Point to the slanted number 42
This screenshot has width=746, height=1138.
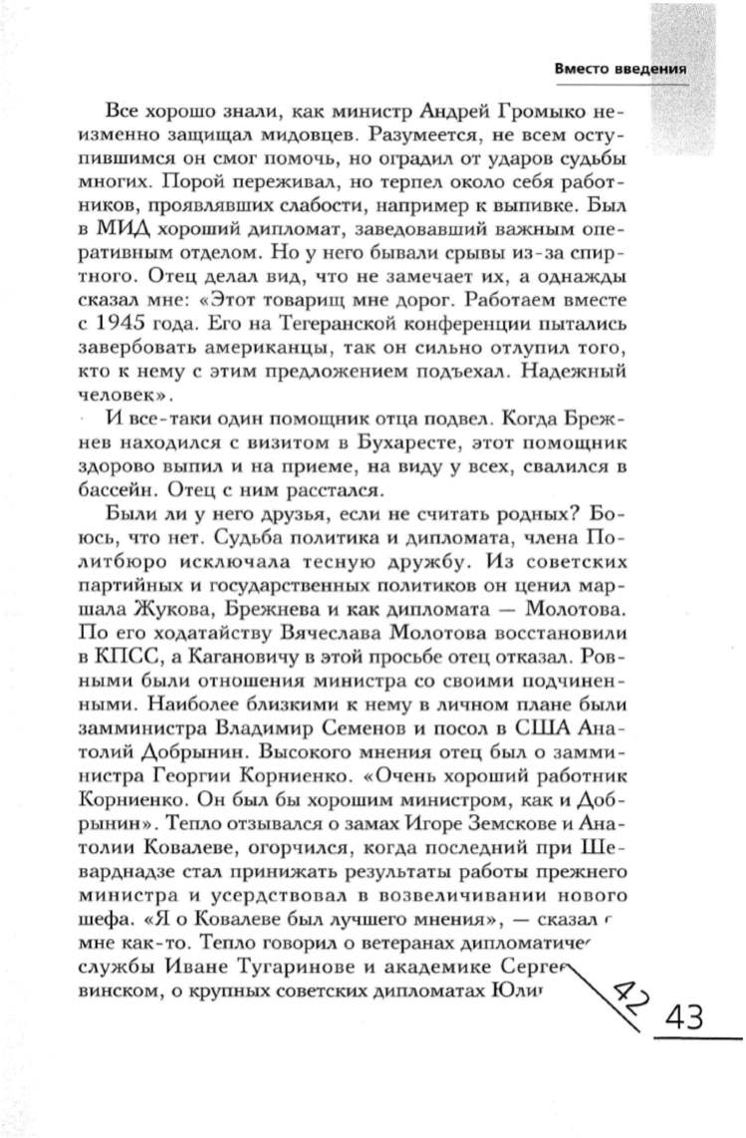[628, 991]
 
